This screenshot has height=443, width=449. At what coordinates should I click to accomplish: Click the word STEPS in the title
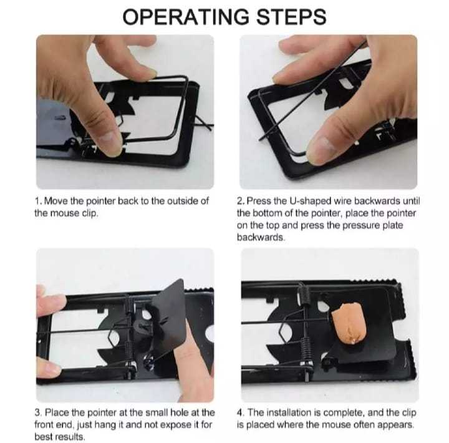(291, 17)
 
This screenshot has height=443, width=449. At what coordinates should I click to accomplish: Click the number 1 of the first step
(37, 201)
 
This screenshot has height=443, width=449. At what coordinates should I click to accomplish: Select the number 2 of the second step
(239, 201)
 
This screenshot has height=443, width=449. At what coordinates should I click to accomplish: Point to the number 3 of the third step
(37, 413)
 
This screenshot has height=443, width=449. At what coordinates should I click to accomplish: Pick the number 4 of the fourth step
(239, 413)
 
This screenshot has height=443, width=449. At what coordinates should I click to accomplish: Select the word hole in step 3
(180, 412)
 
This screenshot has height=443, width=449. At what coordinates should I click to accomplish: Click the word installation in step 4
(288, 412)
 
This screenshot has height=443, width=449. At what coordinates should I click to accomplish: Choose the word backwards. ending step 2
(261, 238)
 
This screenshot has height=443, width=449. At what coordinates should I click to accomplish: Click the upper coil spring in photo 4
(304, 295)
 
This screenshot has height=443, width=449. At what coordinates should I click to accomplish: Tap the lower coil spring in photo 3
(130, 352)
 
